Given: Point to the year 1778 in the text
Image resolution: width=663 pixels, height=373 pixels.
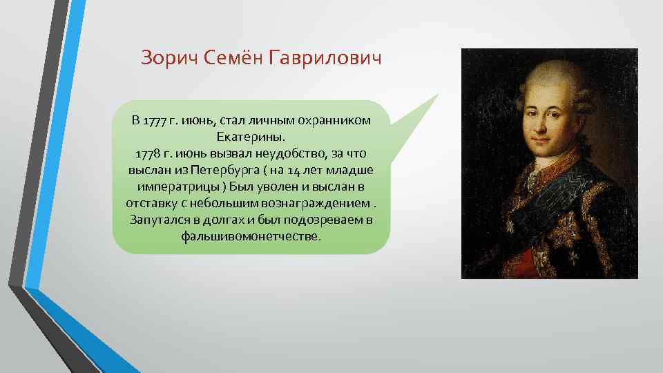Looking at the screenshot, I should tap(148, 153).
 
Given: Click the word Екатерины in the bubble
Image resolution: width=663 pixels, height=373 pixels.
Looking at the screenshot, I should tap(251, 137).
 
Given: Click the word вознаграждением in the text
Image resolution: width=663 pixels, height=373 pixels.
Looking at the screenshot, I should tap(320, 203).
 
